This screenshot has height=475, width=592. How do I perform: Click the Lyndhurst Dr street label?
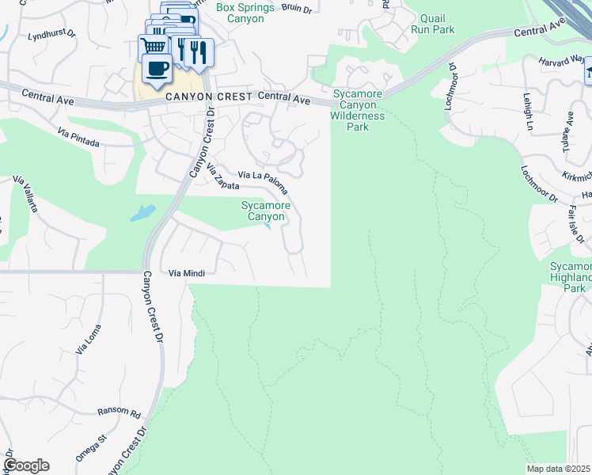click(51, 36)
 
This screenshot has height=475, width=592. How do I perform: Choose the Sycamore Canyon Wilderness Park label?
click(359, 110)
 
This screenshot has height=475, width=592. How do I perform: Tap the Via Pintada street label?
click(78, 139)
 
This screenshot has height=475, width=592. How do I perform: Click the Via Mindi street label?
click(188, 273)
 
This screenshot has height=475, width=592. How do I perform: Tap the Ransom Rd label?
click(119, 412)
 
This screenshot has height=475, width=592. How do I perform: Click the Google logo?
click(26, 465)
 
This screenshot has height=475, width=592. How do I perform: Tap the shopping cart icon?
click(152, 47)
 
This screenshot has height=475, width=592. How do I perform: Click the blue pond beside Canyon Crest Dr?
click(140, 212)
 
